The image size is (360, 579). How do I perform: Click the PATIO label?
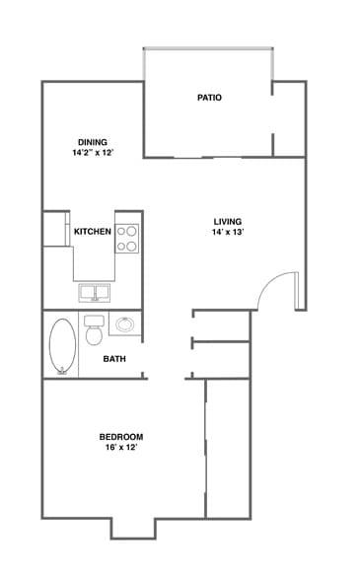[x=209, y=98]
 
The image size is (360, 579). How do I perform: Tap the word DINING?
[x=93, y=141]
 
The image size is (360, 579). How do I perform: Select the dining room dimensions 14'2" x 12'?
[x=93, y=153]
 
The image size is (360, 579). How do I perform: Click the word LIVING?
[x=228, y=221]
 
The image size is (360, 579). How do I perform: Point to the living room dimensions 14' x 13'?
[x=228, y=233]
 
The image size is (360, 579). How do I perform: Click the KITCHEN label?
[x=92, y=232]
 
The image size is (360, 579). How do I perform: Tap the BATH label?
[x=113, y=358]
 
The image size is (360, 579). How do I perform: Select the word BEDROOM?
[x=121, y=437]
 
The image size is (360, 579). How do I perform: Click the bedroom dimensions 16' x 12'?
[x=121, y=448]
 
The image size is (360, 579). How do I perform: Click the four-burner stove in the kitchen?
[x=128, y=238]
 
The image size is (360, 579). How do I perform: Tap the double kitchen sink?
[x=95, y=293]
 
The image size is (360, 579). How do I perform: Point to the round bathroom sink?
[x=125, y=324]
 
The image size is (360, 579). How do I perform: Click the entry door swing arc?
[x=270, y=290]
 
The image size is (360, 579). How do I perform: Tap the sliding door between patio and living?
[x=208, y=158]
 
